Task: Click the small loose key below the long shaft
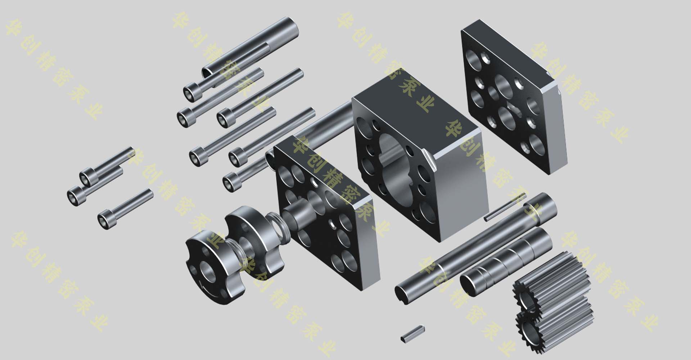pos(412,333)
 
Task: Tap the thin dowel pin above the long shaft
pos(505,207)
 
